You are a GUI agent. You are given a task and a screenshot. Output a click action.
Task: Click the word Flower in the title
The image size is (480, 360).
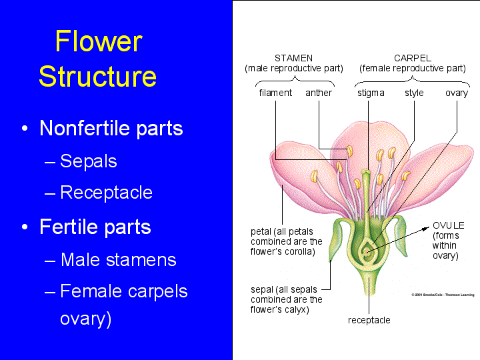98,42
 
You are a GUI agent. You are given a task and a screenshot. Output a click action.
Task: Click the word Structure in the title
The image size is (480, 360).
97,77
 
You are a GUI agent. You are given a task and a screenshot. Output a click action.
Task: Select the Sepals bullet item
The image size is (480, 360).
88,161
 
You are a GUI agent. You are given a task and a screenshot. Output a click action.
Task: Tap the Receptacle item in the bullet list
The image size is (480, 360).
106,193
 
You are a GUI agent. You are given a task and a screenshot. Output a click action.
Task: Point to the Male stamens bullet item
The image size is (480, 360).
118,259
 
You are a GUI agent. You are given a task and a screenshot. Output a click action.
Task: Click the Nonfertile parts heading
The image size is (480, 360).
111,128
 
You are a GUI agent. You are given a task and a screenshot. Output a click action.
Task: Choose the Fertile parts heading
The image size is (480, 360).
95,227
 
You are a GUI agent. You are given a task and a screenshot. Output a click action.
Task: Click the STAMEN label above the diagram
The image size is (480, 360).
293,58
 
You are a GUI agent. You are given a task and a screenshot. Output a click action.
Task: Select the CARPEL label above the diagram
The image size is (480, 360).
412,58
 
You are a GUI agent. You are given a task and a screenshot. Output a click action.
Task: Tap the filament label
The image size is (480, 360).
275,93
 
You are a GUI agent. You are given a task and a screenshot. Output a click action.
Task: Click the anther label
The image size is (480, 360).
319,93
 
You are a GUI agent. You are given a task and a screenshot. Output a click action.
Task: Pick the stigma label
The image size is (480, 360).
371,93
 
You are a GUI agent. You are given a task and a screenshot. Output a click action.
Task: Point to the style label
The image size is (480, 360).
414,93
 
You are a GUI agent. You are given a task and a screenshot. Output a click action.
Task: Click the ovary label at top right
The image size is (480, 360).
457,93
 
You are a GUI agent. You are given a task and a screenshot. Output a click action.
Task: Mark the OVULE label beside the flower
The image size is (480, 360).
448,225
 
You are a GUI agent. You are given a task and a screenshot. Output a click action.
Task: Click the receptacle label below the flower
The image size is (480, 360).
369,320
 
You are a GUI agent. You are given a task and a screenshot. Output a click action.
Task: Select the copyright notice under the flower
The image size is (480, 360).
441,294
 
